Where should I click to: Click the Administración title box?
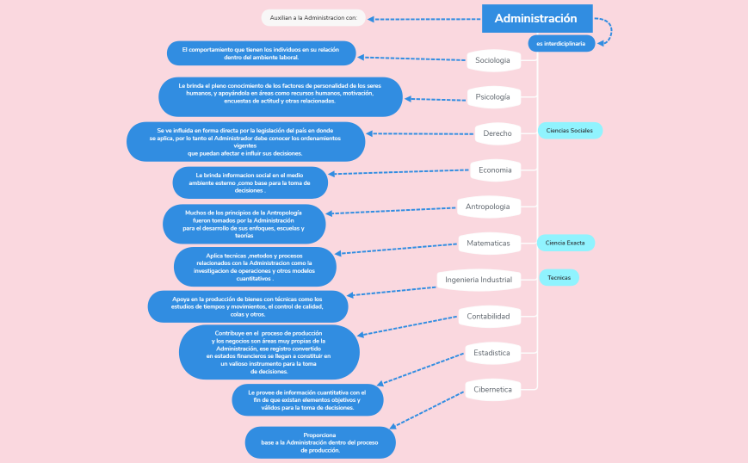[536, 18]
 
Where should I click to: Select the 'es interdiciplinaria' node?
[560, 43]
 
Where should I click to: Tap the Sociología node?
[493, 60]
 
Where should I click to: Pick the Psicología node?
[493, 97]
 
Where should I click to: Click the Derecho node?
[497, 133]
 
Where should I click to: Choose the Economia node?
[495, 170]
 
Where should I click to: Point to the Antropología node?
[487, 207]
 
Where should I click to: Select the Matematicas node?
[488, 244]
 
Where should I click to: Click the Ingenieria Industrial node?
[479, 280]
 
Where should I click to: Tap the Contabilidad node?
[488, 317]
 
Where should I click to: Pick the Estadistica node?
[491, 353]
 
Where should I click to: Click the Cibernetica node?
[492, 390]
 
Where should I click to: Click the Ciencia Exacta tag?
[566, 243]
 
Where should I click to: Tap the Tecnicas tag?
[559, 277]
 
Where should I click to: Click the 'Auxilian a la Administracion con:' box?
[314, 17]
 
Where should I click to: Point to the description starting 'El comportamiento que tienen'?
[261, 53]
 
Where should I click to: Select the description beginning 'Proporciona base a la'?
[319, 442]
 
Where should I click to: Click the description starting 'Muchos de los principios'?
[244, 224]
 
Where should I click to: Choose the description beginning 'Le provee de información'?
[307, 400]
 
